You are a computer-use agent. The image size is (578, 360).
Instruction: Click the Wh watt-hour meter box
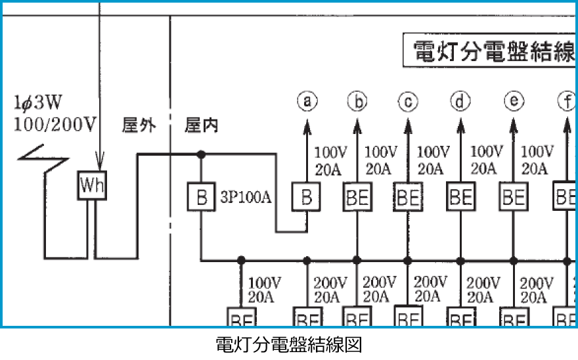(x=92, y=187)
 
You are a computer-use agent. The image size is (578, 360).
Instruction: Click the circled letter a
(x=307, y=101)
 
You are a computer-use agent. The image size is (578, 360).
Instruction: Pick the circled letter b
(x=357, y=101)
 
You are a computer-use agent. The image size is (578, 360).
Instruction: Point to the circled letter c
(x=408, y=101)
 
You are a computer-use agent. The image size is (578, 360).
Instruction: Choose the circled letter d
(x=460, y=101)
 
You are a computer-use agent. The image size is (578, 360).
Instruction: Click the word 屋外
(x=139, y=125)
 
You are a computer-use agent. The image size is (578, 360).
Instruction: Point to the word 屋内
(x=201, y=125)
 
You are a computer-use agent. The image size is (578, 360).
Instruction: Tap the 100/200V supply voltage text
(x=55, y=124)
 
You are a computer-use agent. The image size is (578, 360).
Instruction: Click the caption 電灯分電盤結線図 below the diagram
(x=288, y=345)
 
